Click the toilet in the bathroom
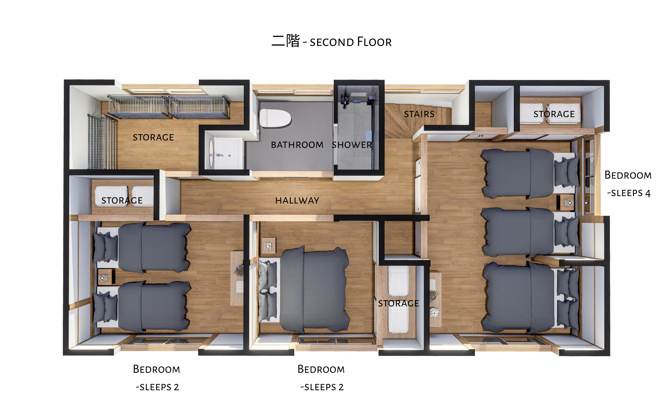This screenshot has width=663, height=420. (275, 118)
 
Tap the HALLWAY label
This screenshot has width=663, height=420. (297, 201)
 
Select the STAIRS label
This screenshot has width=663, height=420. (419, 114)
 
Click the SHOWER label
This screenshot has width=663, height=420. (352, 145)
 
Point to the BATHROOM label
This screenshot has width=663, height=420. (297, 145)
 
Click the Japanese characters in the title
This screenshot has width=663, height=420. (286, 41)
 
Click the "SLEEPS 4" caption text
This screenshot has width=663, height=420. (629, 193)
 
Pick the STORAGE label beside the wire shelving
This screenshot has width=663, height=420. (153, 138)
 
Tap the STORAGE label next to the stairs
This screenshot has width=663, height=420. (554, 114)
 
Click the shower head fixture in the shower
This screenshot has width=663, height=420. (345, 96)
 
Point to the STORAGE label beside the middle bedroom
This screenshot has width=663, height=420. (399, 304)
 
